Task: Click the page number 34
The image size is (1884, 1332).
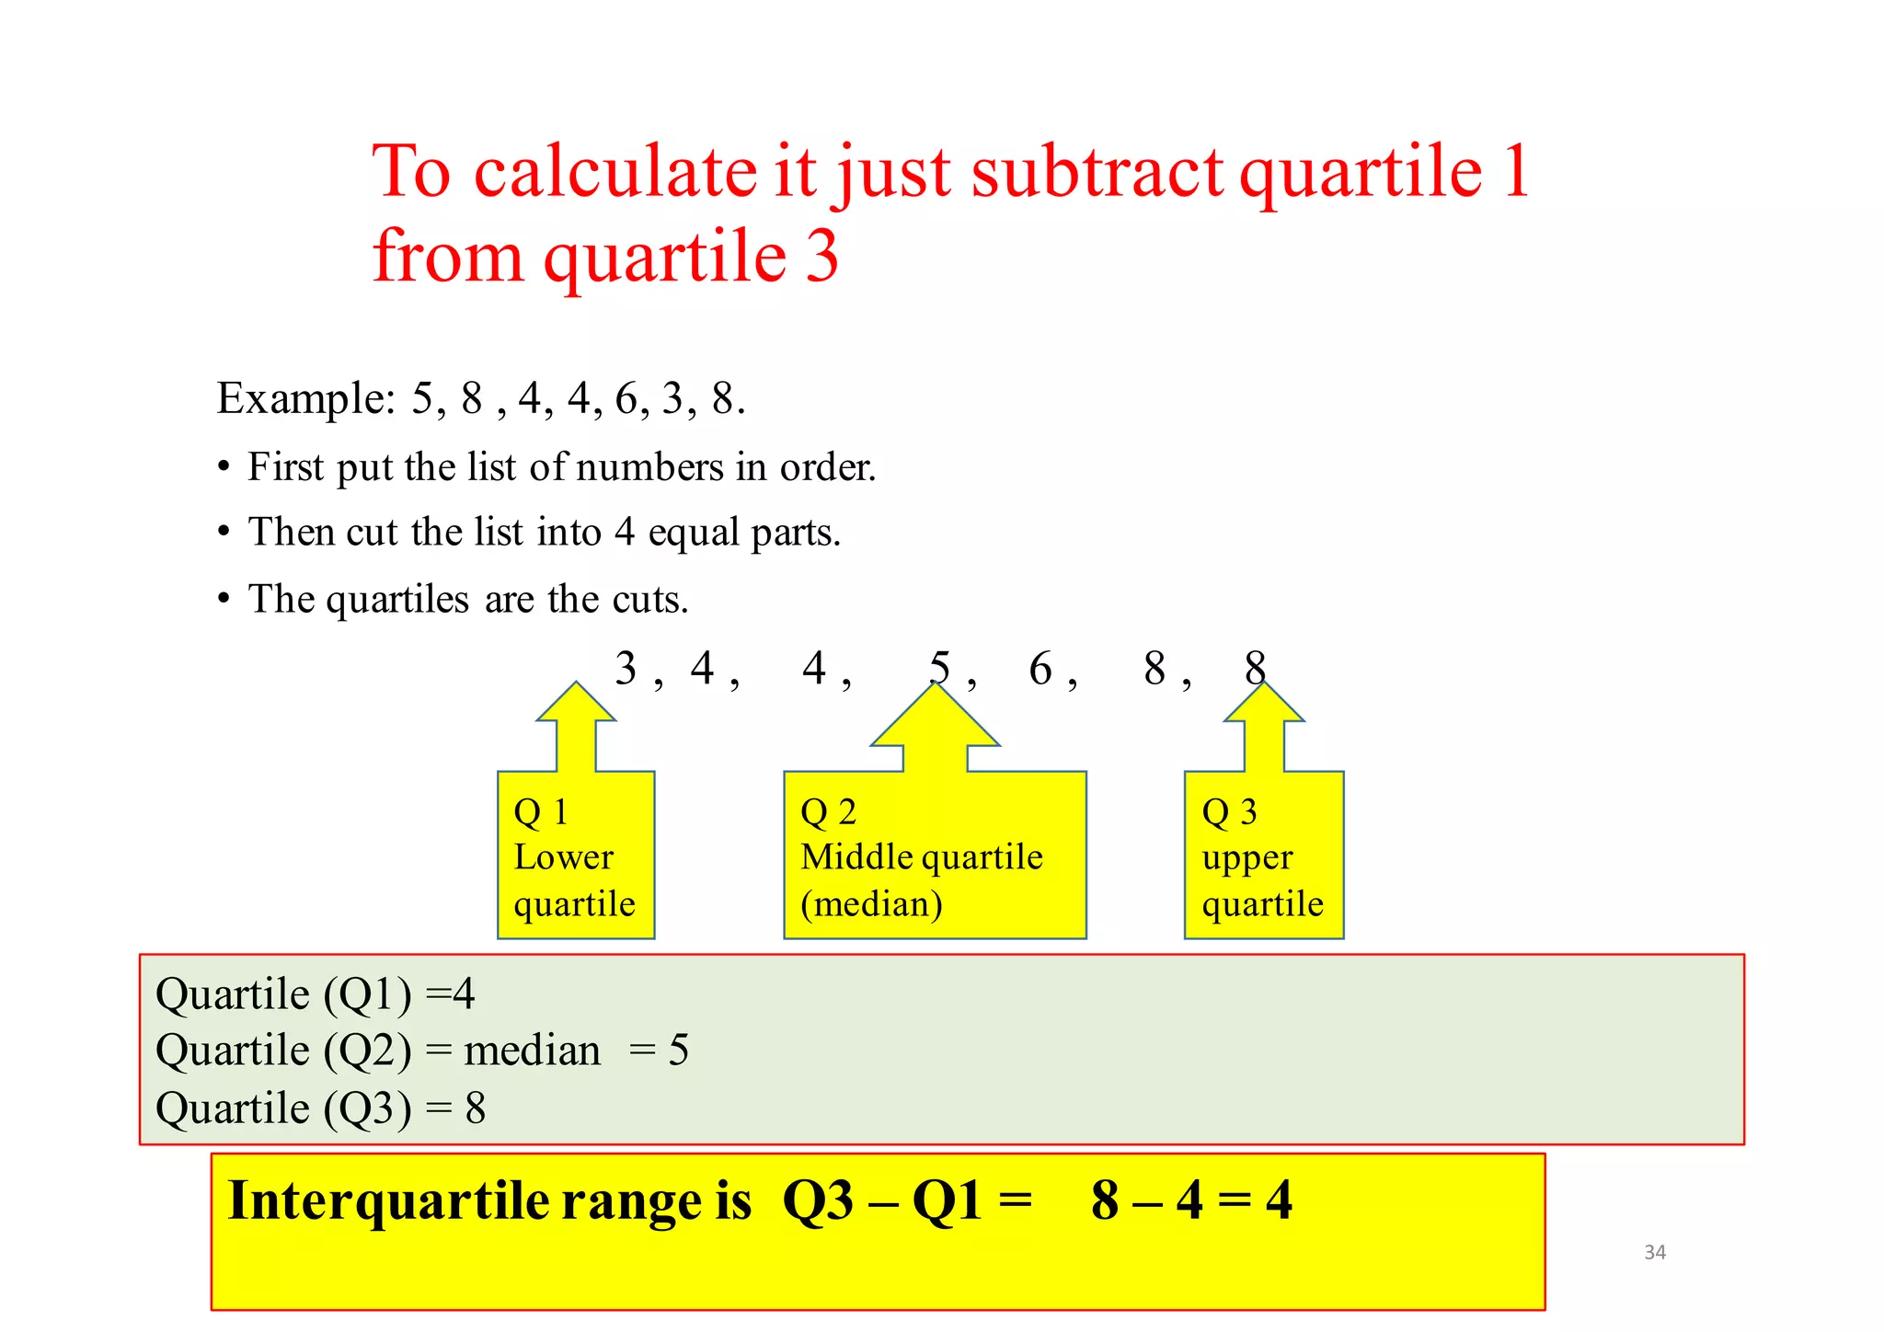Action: click(1654, 1252)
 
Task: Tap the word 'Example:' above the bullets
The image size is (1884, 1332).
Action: click(306, 399)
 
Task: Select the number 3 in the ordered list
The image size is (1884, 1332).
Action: click(626, 669)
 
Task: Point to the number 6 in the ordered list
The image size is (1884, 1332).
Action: click(1040, 669)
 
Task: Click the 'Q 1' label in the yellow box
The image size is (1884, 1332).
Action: click(541, 812)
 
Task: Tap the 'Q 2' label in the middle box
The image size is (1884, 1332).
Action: click(828, 812)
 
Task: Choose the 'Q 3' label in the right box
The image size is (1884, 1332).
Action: click(1229, 812)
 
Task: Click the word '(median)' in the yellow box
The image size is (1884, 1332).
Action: click(871, 904)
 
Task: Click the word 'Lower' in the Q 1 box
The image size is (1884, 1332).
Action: click(563, 857)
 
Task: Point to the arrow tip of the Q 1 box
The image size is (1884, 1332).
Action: click(577, 685)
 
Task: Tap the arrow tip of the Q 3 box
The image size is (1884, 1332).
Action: click(1264, 685)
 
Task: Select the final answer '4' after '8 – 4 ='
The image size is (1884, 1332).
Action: click(1279, 1200)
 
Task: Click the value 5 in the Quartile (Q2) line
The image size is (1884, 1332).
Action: click(679, 1051)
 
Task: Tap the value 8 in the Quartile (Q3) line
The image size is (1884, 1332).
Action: click(475, 1108)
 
